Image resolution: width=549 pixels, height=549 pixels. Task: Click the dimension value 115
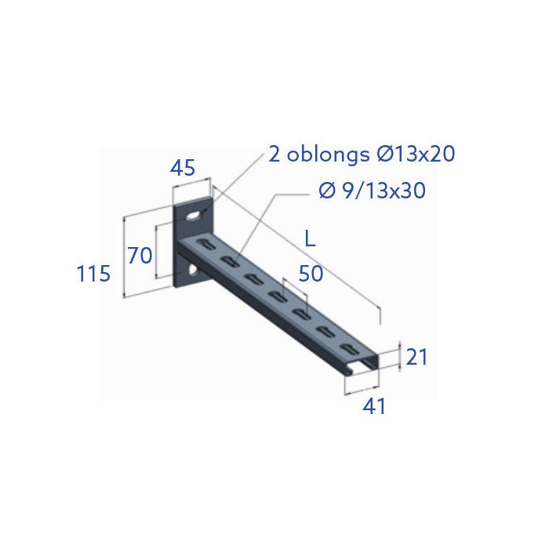[93, 274]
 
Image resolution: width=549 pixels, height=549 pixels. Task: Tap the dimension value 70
[140, 255]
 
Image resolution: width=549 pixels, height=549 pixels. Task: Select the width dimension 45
[183, 167]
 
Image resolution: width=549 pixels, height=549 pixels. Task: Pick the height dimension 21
[417, 357]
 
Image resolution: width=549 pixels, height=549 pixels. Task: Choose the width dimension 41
[373, 406]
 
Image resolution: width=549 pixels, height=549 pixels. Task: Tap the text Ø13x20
[416, 154]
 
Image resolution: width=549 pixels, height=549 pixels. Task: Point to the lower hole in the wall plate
[191, 271]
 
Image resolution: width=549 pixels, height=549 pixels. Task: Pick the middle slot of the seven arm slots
[277, 296]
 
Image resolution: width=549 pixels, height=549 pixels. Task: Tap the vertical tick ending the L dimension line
[381, 314]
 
